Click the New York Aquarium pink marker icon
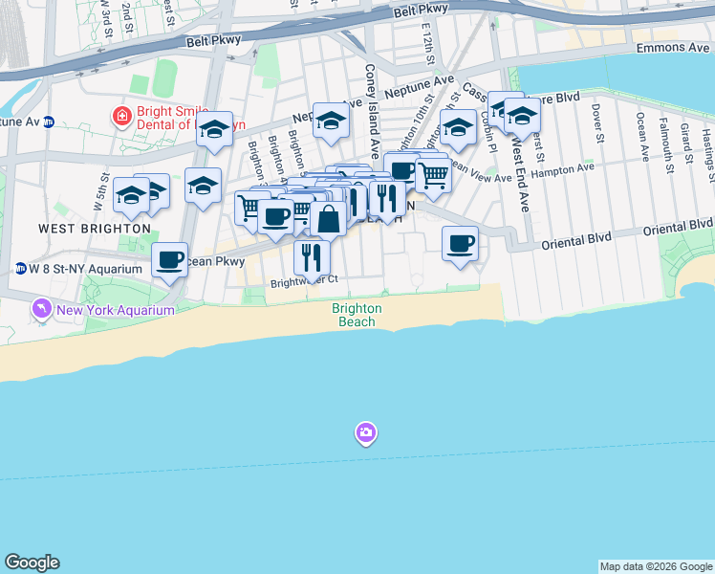pyautogui.click(x=41, y=309)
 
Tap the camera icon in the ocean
pyautogui.click(x=365, y=433)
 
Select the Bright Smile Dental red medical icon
pyautogui.click(x=121, y=117)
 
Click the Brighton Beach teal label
pyautogui.click(x=357, y=316)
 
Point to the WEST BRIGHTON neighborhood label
pyautogui.click(x=95, y=229)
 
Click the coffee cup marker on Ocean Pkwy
pyautogui.click(x=170, y=258)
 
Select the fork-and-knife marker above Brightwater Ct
pyautogui.click(x=312, y=255)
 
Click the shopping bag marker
pyautogui.click(x=328, y=218)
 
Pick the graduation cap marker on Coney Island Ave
pyautogui.click(x=331, y=120)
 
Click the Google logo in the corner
pyautogui.click(x=32, y=563)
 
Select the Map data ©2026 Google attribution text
pyautogui.click(x=656, y=566)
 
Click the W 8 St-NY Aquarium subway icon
pyautogui.click(x=19, y=268)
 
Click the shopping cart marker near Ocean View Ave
pyautogui.click(x=434, y=175)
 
